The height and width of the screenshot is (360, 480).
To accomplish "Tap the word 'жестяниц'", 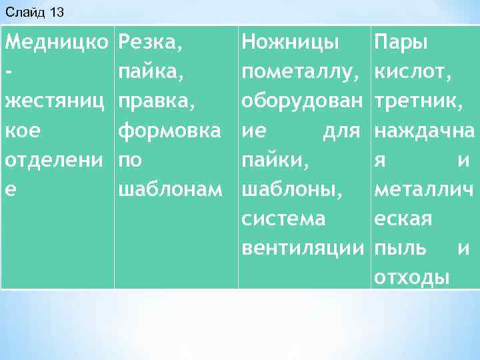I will click(x=56, y=102).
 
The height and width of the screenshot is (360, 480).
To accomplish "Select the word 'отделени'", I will click(x=56, y=161).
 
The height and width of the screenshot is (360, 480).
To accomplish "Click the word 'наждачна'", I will click(x=425, y=131).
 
